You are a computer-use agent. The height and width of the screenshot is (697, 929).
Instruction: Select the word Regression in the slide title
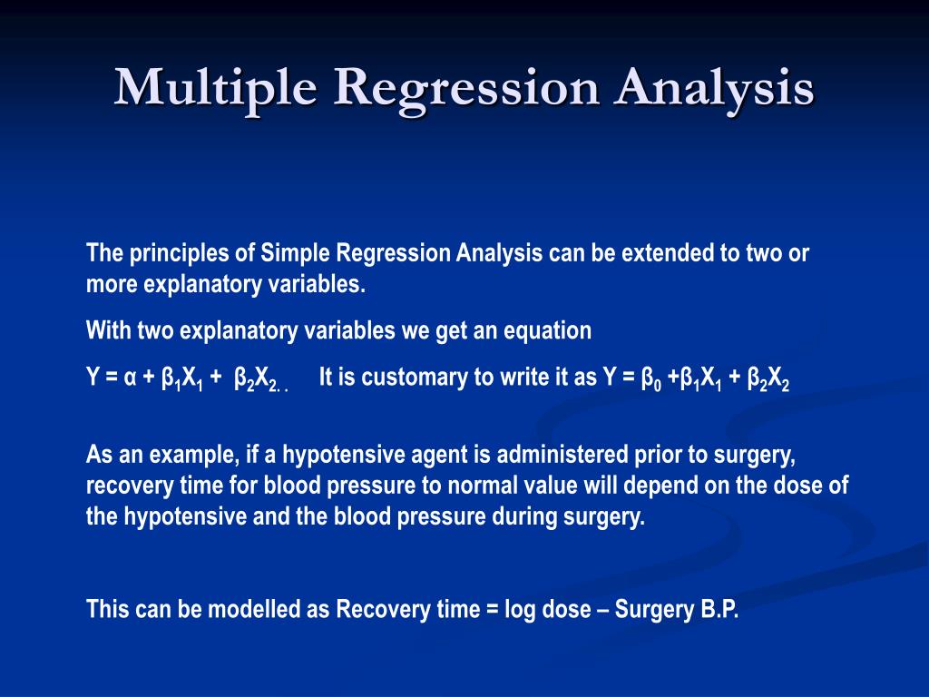[x=466, y=88]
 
